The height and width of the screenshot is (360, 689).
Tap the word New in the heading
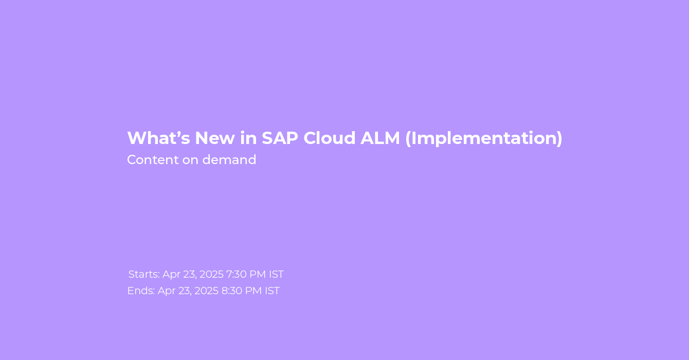pyautogui.click(x=215, y=138)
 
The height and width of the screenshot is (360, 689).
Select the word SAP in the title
pyautogui.click(x=280, y=138)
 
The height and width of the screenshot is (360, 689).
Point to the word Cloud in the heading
pyautogui.click(x=330, y=138)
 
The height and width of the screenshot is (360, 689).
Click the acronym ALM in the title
pyautogui.click(x=380, y=138)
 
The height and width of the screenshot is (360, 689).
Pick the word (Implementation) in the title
pyautogui.click(x=484, y=138)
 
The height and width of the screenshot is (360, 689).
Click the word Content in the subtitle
pyautogui.click(x=153, y=160)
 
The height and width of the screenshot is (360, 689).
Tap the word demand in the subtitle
pyautogui.click(x=229, y=160)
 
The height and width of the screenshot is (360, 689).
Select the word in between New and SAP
pyautogui.click(x=248, y=138)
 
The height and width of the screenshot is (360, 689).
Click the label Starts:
pyautogui.click(x=144, y=274)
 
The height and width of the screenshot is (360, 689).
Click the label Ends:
pyautogui.click(x=141, y=291)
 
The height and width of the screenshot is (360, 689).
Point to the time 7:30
pyautogui.click(x=236, y=274)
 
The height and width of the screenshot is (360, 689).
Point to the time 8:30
pyautogui.click(x=231, y=291)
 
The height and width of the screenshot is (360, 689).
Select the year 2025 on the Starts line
pyautogui.click(x=212, y=274)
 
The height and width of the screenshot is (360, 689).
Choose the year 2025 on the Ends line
pyautogui.click(x=206, y=291)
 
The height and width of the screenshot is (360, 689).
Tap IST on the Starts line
pyautogui.click(x=276, y=274)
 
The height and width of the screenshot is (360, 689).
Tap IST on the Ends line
pyautogui.click(x=272, y=291)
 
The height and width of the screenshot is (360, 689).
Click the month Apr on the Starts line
pyautogui.click(x=171, y=275)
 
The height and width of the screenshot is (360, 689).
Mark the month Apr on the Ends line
pyautogui.click(x=167, y=291)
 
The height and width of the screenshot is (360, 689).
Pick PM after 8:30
pyautogui.click(x=253, y=291)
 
